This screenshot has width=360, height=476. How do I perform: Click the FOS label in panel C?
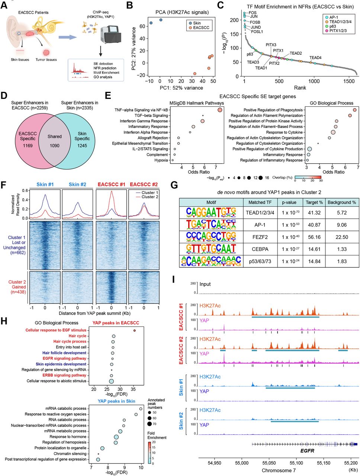[253, 13]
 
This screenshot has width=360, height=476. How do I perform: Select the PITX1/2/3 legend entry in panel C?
[338, 31]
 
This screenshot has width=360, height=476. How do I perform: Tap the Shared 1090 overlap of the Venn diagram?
[54, 141]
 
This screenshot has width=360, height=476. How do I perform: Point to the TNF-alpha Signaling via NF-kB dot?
[220, 110]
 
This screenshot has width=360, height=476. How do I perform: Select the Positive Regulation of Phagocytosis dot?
[354, 110]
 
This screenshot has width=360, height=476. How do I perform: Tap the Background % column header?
[341, 202]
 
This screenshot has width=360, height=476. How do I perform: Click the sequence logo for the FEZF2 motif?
[211, 237]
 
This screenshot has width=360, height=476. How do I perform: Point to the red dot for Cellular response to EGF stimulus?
[135, 330]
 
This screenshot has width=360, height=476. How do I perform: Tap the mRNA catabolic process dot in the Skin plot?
[141, 409]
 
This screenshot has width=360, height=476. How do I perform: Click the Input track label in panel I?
[205, 284]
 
